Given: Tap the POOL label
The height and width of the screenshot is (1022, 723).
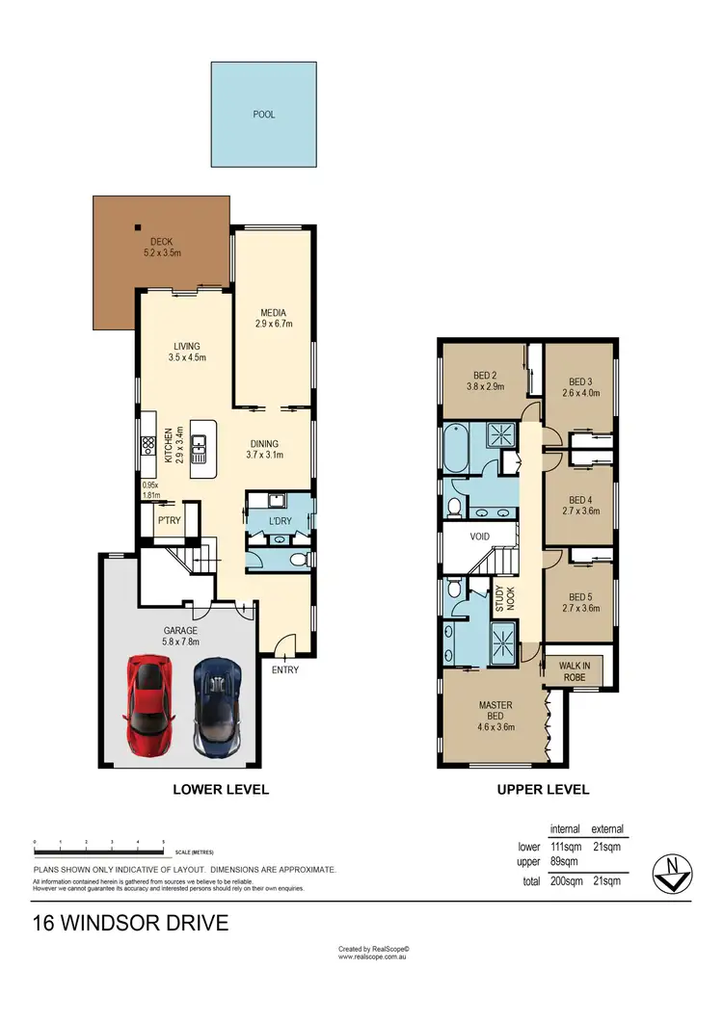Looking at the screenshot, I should pos(263,115).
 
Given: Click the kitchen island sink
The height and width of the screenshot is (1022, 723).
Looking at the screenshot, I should pos(201,446).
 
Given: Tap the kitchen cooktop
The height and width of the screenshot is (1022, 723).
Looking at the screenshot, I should pos(149,445).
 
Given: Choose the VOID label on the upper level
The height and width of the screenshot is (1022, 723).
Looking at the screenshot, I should pos(480,537).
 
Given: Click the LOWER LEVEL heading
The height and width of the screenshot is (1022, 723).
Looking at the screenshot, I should pos(220,790).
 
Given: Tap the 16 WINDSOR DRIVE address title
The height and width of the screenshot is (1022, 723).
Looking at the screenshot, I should pos(131,924).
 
